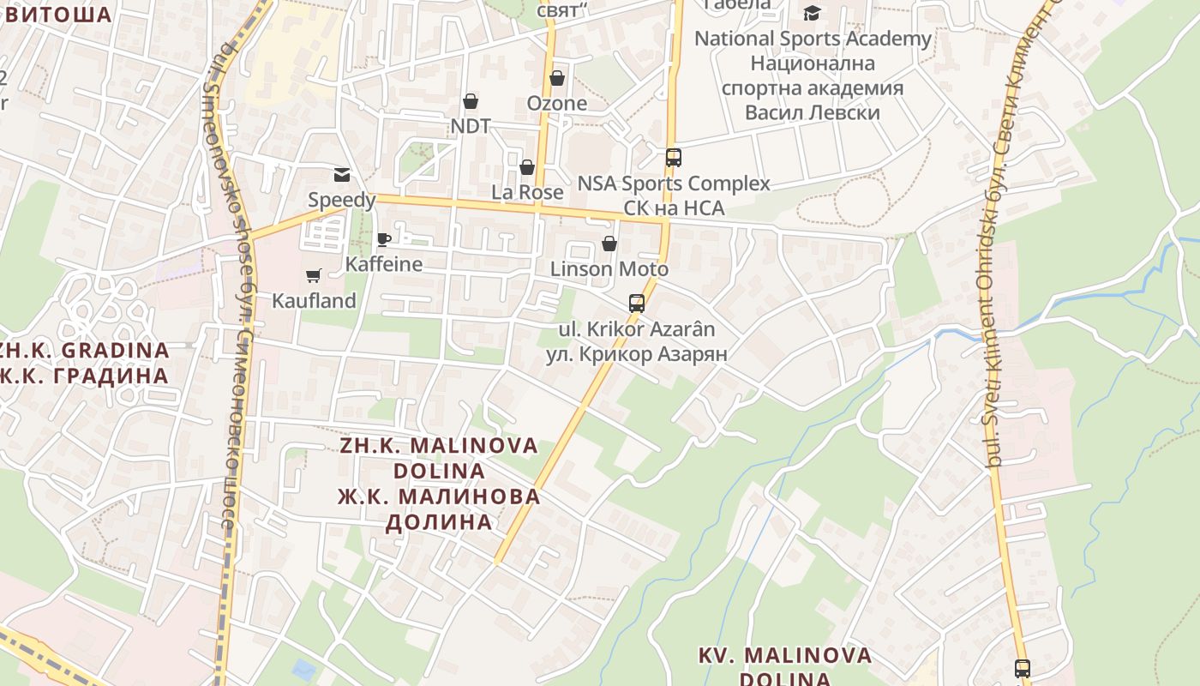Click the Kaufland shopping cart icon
point(313,275)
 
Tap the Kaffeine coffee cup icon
point(384,239)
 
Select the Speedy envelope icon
point(342,175)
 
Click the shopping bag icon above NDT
point(470,101)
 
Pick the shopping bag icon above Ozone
point(557,78)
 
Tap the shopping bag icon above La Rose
point(527,166)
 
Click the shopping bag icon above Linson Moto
point(609,244)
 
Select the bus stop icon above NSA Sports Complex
point(674,157)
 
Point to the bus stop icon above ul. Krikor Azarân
point(637,303)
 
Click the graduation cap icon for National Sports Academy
point(812,13)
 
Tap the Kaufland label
point(314,301)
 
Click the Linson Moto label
point(609,269)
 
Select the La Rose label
point(527,192)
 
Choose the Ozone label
point(557,104)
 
